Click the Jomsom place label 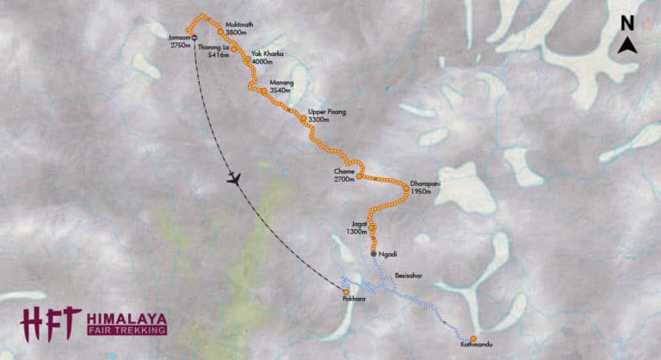tap(180, 37)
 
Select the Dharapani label tap(427, 183)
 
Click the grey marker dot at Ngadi tap(374, 254)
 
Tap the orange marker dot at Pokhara tap(346, 292)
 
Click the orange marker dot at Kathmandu tap(473, 338)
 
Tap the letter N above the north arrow tap(628, 23)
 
